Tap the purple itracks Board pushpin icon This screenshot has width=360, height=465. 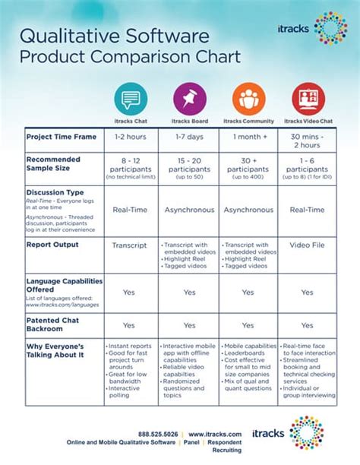(188, 99)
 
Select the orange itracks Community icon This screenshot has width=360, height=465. (248, 99)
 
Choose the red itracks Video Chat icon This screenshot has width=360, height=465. (307, 99)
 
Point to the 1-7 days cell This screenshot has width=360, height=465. (188, 137)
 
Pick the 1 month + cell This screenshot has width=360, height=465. (248, 137)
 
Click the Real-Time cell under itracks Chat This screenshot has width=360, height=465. (129, 209)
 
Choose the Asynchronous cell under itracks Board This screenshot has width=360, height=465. (188, 209)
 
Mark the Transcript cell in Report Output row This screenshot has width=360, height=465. (129, 245)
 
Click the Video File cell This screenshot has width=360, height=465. (307, 245)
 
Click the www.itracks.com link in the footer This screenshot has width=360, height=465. (216, 435)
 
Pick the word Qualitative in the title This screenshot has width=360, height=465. (66, 36)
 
